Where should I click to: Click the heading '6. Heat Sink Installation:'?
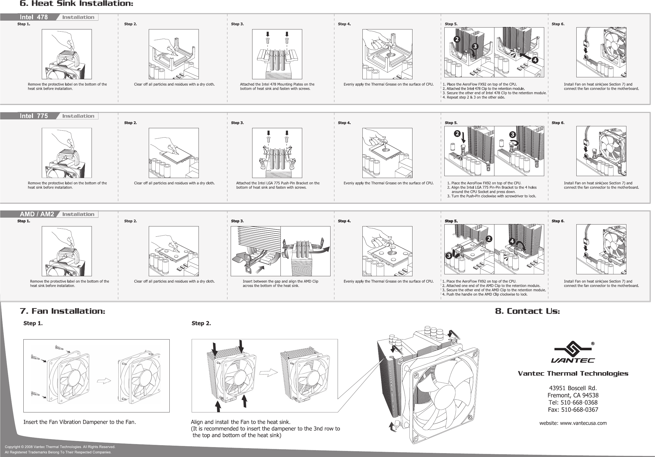(x=76, y=4)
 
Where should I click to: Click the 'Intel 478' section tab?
(x=34, y=17)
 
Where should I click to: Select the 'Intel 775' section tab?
(x=34, y=116)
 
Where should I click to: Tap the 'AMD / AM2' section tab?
(x=37, y=214)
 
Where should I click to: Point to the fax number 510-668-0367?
(x=579, y=410)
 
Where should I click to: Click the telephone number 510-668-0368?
(x=579, y=403)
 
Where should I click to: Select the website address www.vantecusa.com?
(x=583, y=423)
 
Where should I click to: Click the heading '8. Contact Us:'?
(x=527, y=311)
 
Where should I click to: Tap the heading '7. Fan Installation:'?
(x=62, y=311)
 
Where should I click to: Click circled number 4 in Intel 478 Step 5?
(x=535, y=60)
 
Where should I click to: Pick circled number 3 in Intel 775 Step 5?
(x=512, y=134)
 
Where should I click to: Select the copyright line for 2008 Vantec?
(x=60, y=447)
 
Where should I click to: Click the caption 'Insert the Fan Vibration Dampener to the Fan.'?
(x=79, y=422)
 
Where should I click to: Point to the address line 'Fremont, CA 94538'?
(x=573, y=395)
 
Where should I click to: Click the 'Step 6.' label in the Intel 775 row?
(x=558, y=123)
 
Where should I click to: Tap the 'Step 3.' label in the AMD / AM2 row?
(x=237, y=221)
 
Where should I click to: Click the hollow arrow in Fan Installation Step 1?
(x=104, y=381)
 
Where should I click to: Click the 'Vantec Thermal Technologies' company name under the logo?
(x=573, y=374)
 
